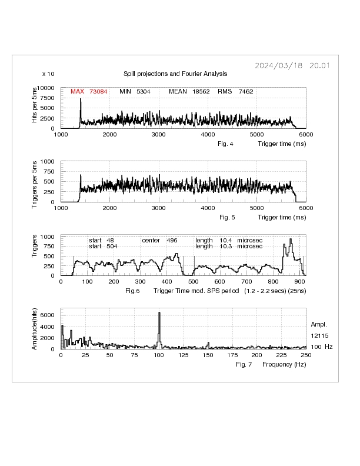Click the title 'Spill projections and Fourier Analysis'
click(x=175, y=74)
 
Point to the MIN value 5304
click(x=144, y=91)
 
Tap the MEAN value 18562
click(x=201, y=91)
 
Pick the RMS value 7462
click(x=246, y=91)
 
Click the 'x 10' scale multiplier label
click(x=49, y=74)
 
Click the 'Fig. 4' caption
click(x=226, y=144)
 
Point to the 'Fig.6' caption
click(x=133, y=291)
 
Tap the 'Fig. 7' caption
click(x=244, y=365)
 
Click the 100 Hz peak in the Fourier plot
click(x=159, y=329)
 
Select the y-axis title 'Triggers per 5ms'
click(x=36, y=181)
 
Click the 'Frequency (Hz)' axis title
click(x=284, y=365)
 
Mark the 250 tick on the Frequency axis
click(x=306, y=355)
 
